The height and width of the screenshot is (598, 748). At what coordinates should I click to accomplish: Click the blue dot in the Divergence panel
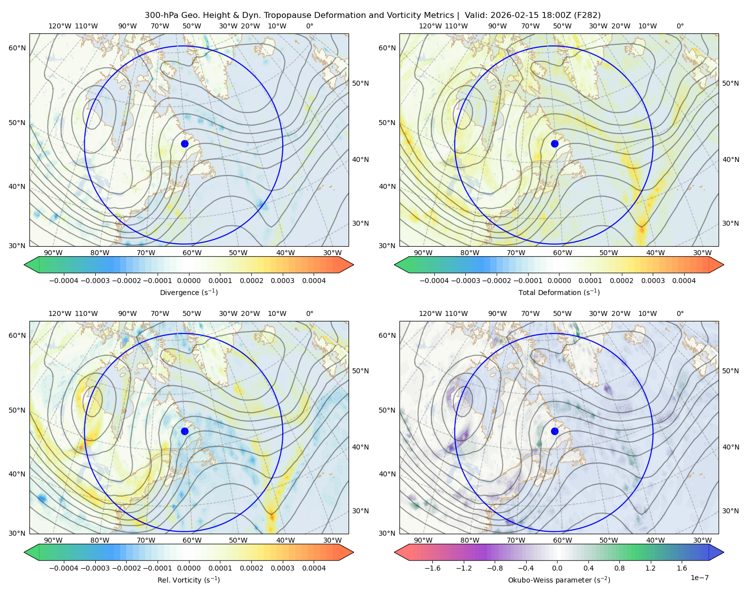[185, 144]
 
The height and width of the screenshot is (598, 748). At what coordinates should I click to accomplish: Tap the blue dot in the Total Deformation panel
[555, 144]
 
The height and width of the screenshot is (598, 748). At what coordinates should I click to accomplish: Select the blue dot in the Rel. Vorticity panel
[185, 431]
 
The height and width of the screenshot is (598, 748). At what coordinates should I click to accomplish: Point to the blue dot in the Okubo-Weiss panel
[555, 431]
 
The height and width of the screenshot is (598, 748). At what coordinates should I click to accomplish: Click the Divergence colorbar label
[188, 292]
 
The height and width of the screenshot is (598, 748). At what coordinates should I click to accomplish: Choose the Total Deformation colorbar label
[559, 292]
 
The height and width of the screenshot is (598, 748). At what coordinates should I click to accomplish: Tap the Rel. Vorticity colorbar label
[188, 580]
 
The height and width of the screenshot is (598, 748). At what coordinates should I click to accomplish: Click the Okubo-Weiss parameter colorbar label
[559, 580]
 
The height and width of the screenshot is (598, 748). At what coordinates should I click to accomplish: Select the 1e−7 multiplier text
[699, 578]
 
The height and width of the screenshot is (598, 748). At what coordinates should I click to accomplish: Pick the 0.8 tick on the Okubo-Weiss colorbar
[619, 568]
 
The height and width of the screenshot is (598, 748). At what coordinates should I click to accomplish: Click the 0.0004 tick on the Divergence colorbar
[314, 281]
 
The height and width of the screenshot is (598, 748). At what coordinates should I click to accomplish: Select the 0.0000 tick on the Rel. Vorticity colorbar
[188, 568]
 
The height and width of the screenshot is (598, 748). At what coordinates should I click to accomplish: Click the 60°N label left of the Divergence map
[17, 48]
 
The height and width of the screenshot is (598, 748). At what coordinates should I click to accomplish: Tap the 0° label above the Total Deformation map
[680, 26]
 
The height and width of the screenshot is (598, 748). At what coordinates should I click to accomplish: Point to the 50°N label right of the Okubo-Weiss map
[731, 371]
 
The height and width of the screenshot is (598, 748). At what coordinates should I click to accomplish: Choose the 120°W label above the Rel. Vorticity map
[60, 313]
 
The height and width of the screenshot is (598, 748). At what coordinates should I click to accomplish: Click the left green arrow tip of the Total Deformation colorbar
[394, 265]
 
